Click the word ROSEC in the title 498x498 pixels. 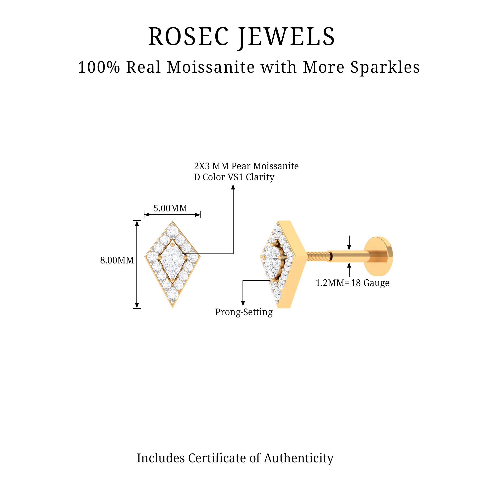point(188,37)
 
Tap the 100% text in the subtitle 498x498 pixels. point(99,67)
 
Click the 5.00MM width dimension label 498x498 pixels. point(170,208)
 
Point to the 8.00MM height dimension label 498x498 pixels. point(117,260)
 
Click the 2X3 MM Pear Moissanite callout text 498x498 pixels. point(246,166)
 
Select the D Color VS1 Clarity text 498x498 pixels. point(234,177)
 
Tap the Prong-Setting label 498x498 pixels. point(244,312)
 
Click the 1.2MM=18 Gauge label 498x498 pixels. point(352,283)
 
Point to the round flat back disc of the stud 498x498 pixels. point(379,256)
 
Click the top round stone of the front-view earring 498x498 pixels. point(173,229)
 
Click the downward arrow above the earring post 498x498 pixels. point(349,246)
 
